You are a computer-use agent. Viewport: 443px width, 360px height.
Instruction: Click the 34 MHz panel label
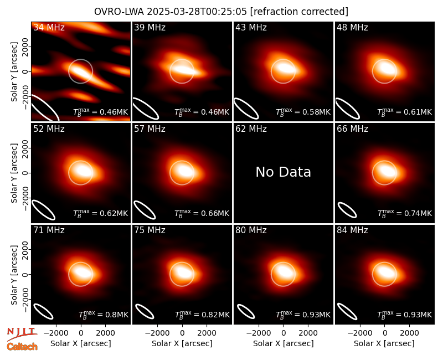[49, 27]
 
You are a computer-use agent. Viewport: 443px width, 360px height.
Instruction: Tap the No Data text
[283, 172]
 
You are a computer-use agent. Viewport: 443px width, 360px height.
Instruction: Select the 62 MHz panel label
[251, 129]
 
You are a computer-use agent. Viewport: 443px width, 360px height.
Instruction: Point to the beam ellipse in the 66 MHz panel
[347, 210]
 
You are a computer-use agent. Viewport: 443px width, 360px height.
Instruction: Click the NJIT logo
[22, 333]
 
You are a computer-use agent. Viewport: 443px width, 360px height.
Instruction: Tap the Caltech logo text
[22, 347]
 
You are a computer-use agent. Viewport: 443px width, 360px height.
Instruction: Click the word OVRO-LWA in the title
[119, 12]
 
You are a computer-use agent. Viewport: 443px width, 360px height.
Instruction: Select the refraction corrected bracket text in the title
[299, 12]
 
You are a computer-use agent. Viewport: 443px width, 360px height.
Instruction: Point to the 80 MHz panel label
[251, 230]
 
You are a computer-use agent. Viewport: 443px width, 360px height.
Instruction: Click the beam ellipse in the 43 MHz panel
[246, 109]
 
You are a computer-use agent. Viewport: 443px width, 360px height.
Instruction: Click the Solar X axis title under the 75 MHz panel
[182, 343]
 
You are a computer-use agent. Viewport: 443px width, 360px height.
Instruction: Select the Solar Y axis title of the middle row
[14, 173]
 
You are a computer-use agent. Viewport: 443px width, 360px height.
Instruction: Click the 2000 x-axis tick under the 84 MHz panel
[409, 333]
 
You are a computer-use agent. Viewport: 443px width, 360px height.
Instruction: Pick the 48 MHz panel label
[352, 27]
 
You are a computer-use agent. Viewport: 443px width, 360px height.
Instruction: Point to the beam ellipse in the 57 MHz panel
[145, 210]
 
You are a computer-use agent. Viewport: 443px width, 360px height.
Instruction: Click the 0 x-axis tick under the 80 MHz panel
[284, 333]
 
